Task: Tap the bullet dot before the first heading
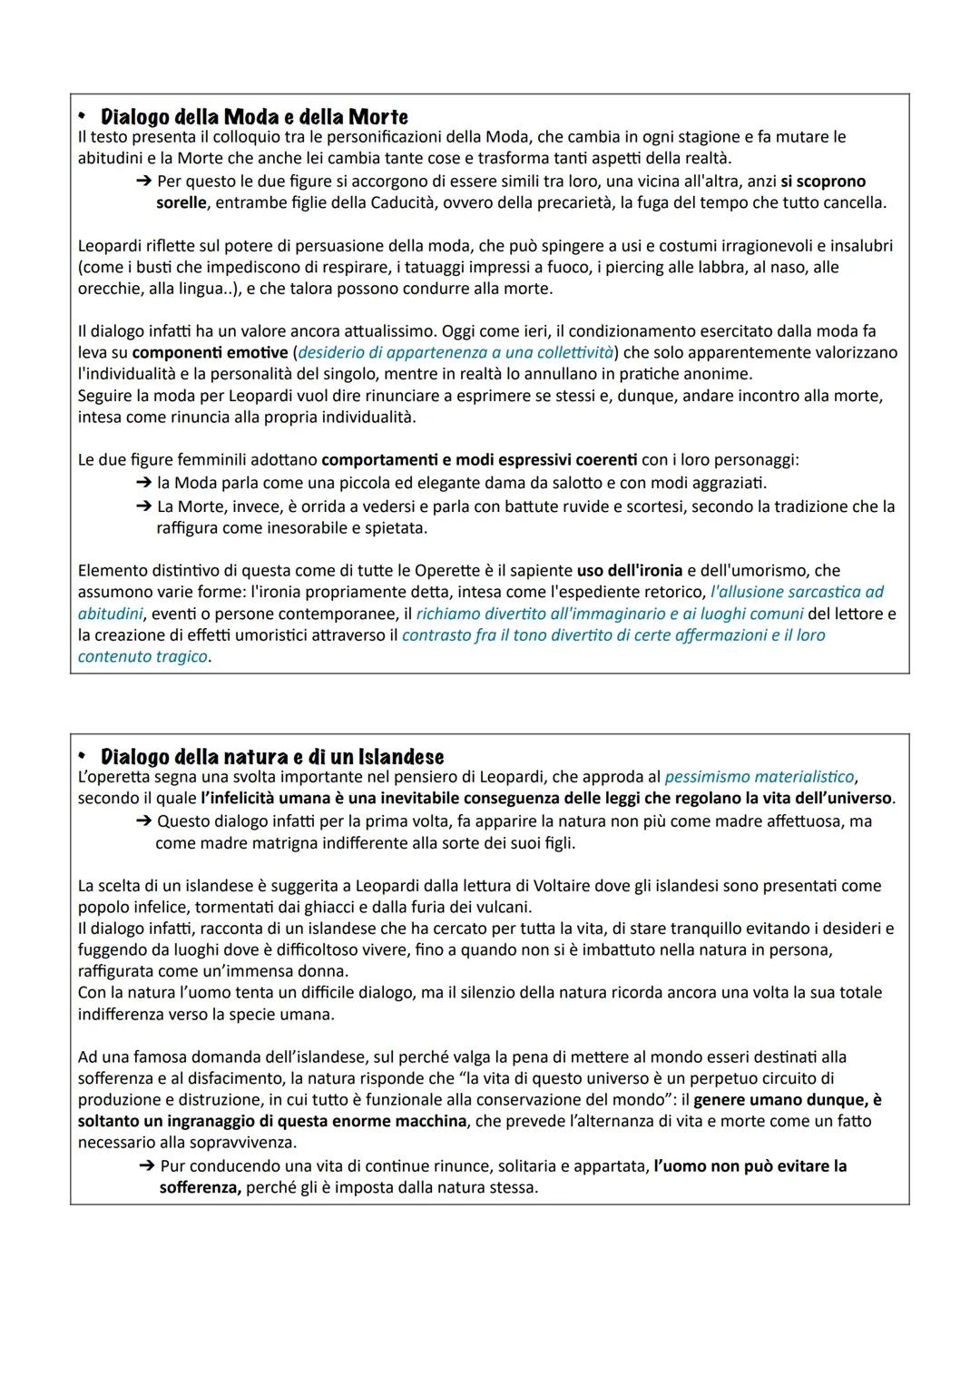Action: coord(81,117)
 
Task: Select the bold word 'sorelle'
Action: coord(181,202)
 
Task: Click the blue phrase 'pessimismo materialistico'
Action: coord(759,777)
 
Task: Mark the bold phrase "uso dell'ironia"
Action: coord(630,570)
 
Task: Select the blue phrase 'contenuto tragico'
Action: coord(142,656)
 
